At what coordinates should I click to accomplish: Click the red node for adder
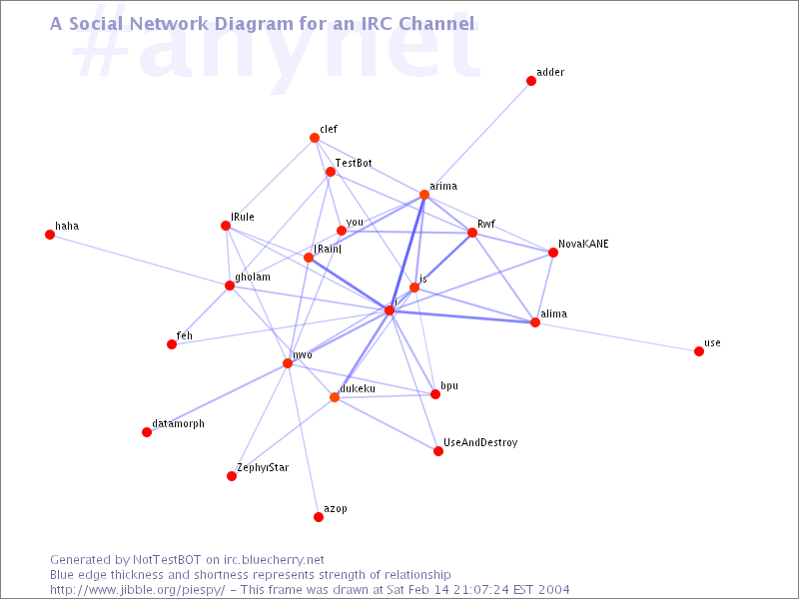click(x=531, y=81)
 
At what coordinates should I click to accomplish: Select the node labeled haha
click(x=50, y=235)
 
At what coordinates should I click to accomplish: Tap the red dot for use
click(x=699, y=351)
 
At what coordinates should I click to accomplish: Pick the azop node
click(x=319, y=517)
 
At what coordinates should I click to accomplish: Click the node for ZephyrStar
click(x=232, y=476)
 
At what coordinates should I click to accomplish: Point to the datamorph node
click(x=147, y=432)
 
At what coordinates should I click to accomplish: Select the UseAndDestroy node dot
click(x=438, y=451)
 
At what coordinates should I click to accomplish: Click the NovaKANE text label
click(x=583, y=244)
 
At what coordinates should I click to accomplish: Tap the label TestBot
click(x=354, y=163)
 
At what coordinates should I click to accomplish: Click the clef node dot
click(x=315, y=138)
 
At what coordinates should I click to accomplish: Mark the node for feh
click(x=172, y=344)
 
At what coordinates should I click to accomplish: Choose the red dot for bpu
click(x=435, y=394)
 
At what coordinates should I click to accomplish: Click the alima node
click(x=535, y=322)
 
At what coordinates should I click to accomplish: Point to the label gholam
click(x=253, y=278)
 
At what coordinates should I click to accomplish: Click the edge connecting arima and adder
click(x=477, y=138)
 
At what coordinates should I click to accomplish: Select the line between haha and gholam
click(x=140, y=260)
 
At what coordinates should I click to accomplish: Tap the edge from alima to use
click(x=617, y=336)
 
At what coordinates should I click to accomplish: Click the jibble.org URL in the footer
click(x=137, y=590)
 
